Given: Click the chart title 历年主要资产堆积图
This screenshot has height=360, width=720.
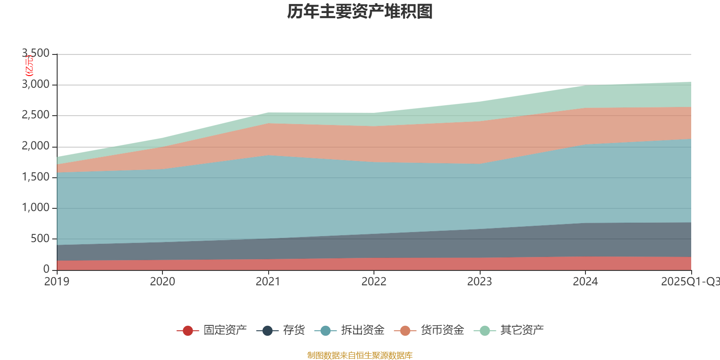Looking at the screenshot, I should (x=360, y=12).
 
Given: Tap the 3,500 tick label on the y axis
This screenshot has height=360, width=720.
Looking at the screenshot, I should (x=36, y=54).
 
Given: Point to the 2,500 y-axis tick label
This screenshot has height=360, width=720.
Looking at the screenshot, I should (x=36, y=115).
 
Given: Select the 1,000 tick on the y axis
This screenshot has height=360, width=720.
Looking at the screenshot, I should (x=36, y=208).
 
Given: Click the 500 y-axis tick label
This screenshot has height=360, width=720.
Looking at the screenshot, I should (x=40, y=238).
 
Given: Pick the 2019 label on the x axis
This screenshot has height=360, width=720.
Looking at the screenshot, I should (x=57, y=282).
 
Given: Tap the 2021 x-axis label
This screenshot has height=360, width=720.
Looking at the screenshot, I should (x=268, y=282).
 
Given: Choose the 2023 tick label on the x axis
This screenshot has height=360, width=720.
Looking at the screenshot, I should (x=479, y=282).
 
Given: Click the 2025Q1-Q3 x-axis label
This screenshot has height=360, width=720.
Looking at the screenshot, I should (x=690, y=282).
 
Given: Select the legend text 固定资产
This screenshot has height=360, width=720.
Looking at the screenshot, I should (x=225, y=330).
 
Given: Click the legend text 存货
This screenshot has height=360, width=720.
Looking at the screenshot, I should (x=294, y=330).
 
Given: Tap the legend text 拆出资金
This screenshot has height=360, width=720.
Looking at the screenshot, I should (x=363, y=330).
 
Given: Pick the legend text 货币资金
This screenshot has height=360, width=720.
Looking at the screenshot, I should (x=442, y=330).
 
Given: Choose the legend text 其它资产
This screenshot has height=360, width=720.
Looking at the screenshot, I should (x=522, y=330).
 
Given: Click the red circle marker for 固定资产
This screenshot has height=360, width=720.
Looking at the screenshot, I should (x=188, y=331).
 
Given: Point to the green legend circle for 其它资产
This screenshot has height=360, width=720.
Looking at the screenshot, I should (x=485, y=331).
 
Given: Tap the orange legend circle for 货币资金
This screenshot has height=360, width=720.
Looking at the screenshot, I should (x=405, y=331).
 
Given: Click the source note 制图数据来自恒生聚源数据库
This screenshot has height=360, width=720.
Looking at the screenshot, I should (x=360, y=355).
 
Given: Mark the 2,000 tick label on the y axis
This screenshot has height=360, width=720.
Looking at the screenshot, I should (x=36, y=146).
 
